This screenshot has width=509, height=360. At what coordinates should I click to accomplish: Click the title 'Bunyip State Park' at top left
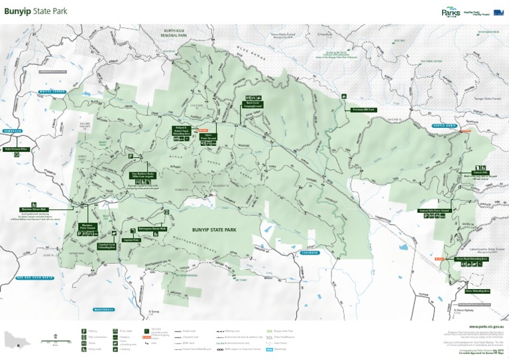(36, 12)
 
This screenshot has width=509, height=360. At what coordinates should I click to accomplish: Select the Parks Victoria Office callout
(18, 149)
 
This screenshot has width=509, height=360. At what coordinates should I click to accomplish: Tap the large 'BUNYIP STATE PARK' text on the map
(213, 229)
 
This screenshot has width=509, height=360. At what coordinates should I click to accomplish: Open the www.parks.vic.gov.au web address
(486, 327)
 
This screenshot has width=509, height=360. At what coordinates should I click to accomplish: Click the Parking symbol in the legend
(84, 330)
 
